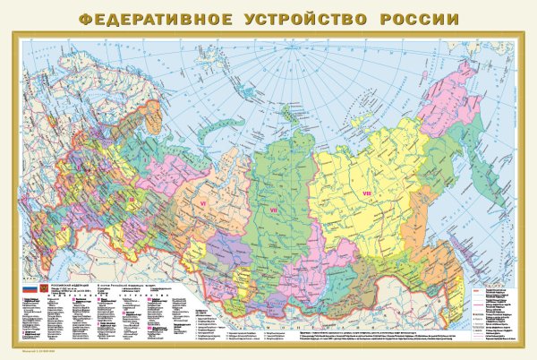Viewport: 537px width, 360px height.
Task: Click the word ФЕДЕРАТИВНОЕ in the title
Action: (144, 17)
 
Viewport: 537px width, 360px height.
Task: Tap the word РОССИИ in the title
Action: (408, 17)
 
